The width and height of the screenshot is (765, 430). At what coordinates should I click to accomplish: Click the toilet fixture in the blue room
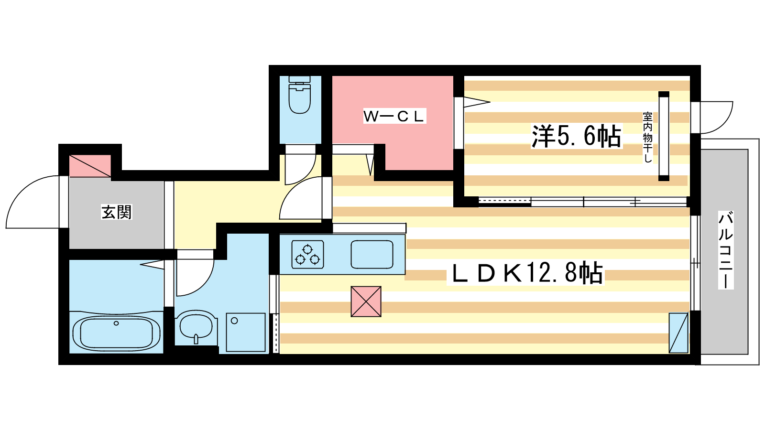(300, 96)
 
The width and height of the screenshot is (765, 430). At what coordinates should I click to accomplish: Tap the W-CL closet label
(394, 116)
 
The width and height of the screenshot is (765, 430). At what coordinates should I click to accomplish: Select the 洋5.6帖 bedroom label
(576, 136)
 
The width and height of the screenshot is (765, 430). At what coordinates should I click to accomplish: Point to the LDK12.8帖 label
(526, 273)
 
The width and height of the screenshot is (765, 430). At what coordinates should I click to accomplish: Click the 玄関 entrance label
(116, 212)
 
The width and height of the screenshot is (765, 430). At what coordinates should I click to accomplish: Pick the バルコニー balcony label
(725, 250)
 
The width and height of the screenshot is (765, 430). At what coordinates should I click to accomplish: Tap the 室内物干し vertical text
(647, 137)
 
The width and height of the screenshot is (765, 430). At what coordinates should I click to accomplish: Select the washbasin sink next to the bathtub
(196, 327)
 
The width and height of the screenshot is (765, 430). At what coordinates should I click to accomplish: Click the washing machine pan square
(246, 332)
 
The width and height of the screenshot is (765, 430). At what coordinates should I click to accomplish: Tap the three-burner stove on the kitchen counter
(307, 254)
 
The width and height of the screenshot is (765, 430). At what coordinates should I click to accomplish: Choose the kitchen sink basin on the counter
(372, 254)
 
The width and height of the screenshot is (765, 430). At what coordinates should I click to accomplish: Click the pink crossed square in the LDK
(366, 301)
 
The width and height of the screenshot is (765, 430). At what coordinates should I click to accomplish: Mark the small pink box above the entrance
(90, 166)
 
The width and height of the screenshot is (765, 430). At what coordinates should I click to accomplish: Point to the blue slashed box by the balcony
(678, 333)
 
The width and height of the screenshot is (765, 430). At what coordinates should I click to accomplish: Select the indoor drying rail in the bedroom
(664, 136)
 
